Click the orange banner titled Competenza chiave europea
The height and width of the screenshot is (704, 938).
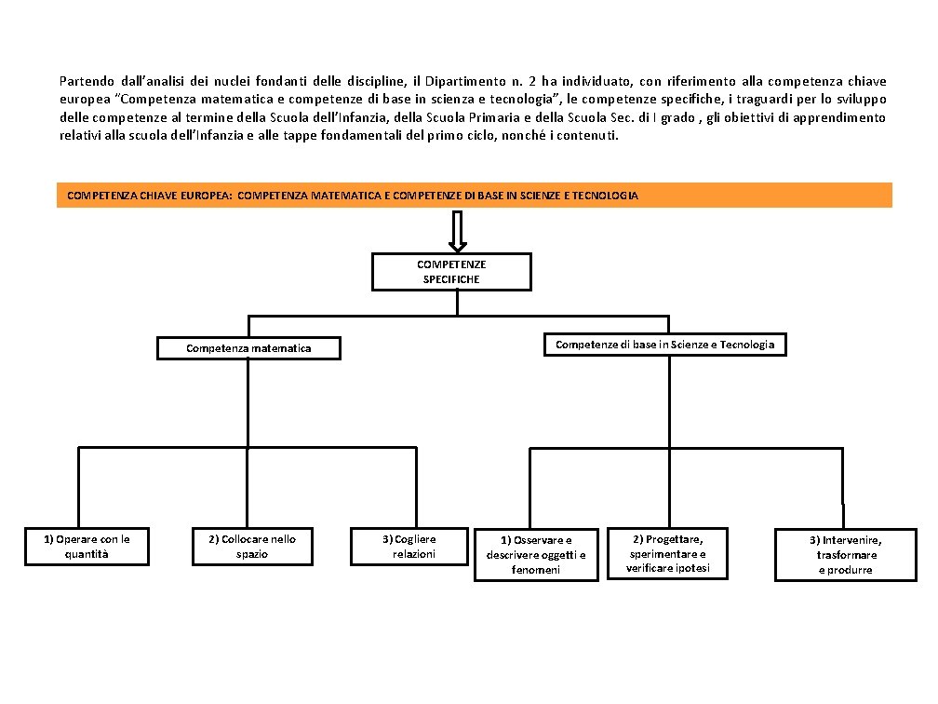pyautogui.click(x=474, y=196)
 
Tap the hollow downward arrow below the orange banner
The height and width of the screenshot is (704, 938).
pyautogui.click(x=457, y=230)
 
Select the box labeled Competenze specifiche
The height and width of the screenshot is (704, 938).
pyautogui.click(x=451, y=271)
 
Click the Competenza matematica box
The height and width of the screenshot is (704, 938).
pyautogui.click(x=248, y=348)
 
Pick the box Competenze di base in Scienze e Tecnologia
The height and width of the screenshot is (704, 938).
pyautogui.click(x=664, y=345)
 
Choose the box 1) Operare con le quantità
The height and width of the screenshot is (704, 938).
pyautogui.click(x=87, y=546)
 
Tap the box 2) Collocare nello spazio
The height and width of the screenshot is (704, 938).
pyautogui.click(x=252, y=546)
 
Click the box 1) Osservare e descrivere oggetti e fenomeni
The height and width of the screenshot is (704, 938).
pyautogui.click(x=536, y=554)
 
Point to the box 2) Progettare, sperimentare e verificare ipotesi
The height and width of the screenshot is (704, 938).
pyautogui.click(x=667, y=553)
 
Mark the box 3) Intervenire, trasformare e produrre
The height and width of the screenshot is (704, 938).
pyautogui.click(x=845, y=555)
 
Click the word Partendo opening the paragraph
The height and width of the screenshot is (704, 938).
pyautogui.click(x=84, y=81)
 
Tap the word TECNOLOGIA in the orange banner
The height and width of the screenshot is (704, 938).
pyautogui.click(x=604, y=196)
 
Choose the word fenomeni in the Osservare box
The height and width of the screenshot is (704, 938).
pyautogui.click(x=536, y=570)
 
